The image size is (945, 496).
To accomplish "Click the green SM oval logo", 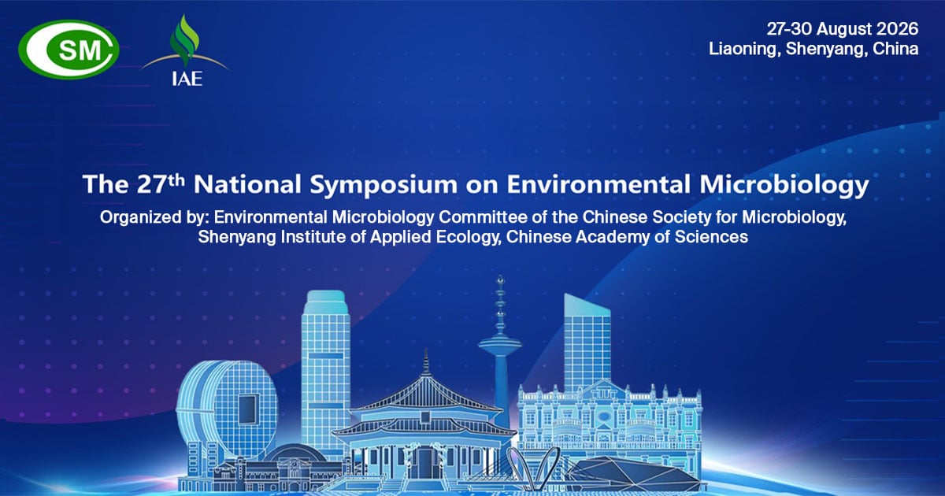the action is point(69,50).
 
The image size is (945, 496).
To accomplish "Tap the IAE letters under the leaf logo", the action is point(187,79).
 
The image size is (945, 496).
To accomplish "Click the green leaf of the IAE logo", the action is point(184,39).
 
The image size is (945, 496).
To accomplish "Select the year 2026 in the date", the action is point(897,29).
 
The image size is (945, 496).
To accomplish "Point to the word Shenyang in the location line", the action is point(827,50).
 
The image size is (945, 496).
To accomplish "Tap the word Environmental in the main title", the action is point(598,184).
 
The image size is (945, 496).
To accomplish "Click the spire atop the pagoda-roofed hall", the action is point(426,362).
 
